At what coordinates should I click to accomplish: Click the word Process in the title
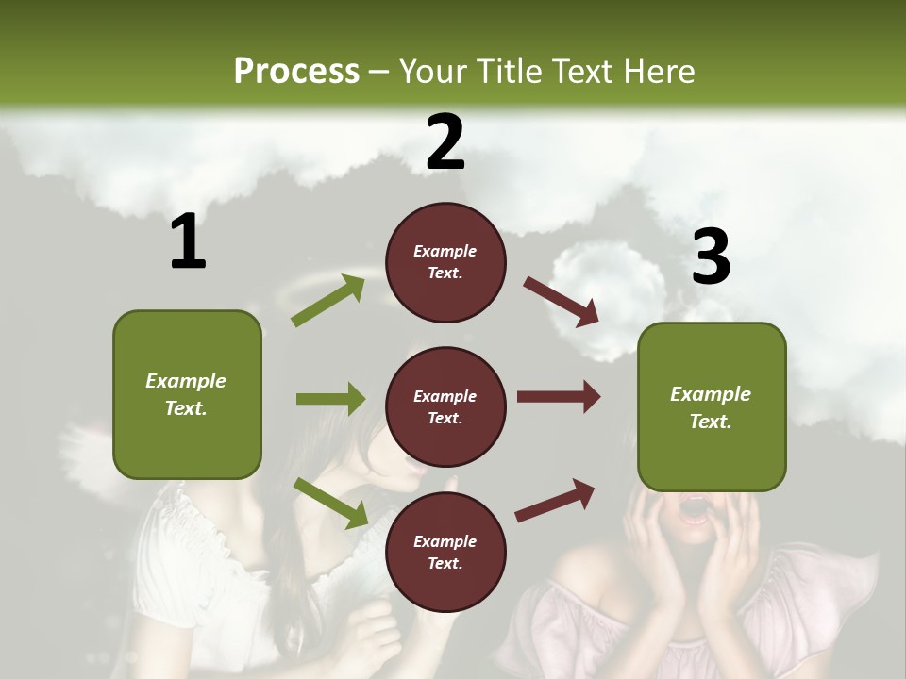point(296,71)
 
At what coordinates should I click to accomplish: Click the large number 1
point(188,242)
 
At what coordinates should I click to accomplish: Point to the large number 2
point(445,142)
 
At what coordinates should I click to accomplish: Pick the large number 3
point(711,257)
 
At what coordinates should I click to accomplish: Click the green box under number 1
point(187,394)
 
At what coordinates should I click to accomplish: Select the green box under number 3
point(712,406)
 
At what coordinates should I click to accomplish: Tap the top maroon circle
point(445,262)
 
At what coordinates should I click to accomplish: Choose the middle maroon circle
point(445,406)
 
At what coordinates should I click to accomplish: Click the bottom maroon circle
point(445,552)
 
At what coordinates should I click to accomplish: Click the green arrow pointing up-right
point(328,301)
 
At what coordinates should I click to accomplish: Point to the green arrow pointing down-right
point(331,503)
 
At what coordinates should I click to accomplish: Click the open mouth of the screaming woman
point(696,510)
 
